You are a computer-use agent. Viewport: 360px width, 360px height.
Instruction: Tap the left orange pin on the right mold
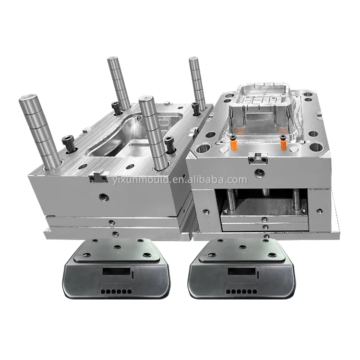tap(233, 143)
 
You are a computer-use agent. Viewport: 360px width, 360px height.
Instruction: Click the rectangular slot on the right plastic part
tap(242, 271)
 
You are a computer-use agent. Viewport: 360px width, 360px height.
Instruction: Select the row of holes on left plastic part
tap(113, 291)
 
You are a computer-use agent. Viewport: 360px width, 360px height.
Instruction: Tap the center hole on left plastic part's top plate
tap(117, 246)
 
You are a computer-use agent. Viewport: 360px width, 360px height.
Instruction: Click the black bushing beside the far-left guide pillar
tap(67, 143)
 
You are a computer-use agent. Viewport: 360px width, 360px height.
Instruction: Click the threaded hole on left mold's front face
tap(104, 197)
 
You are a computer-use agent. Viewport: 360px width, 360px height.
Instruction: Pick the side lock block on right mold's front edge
tap(260, 157)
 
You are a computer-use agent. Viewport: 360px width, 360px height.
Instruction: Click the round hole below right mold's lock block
tap(260, 172)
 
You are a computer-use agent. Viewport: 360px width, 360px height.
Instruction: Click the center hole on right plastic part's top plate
tap(243, 246)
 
